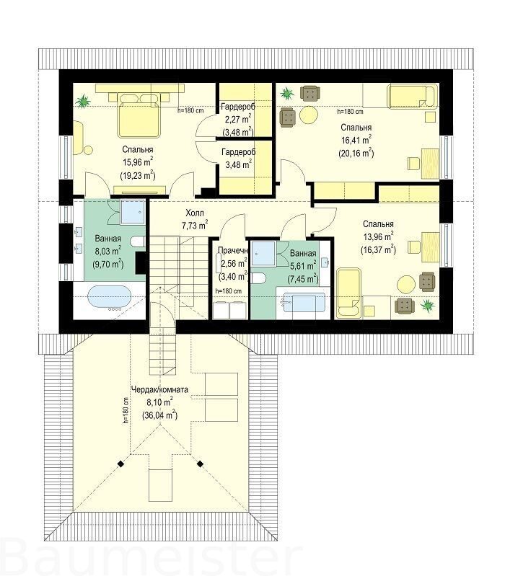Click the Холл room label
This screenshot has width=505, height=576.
click(x=195, y=213)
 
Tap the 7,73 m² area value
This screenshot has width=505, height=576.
click(x=196, y=225)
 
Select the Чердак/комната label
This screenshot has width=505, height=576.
click(x=160, y=389)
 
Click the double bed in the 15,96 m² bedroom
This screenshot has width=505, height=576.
click(x=140, y=115)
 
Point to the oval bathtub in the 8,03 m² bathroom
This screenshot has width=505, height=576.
click(x=109, y=298)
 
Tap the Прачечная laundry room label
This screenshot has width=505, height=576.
click(x=232, y=251)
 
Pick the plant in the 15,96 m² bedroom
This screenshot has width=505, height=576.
click(x=84, y=100)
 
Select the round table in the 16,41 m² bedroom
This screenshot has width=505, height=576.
click(x=308, y=115)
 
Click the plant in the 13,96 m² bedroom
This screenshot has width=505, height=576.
click(x=427, y=305)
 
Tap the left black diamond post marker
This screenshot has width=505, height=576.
click(x=120, y=464)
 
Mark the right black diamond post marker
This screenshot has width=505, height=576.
click(x=200, y=464)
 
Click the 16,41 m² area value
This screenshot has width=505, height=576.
click(x=356, y=140)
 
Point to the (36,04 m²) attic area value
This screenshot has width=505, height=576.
click(x=159, y=415)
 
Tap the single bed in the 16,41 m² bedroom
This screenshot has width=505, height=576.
click(x=412, y=97)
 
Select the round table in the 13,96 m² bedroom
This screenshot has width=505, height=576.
click(x=406, y=284)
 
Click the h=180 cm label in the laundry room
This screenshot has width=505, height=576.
click(x=229, y=291)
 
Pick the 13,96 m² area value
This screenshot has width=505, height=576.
click(x=378, y=236)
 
